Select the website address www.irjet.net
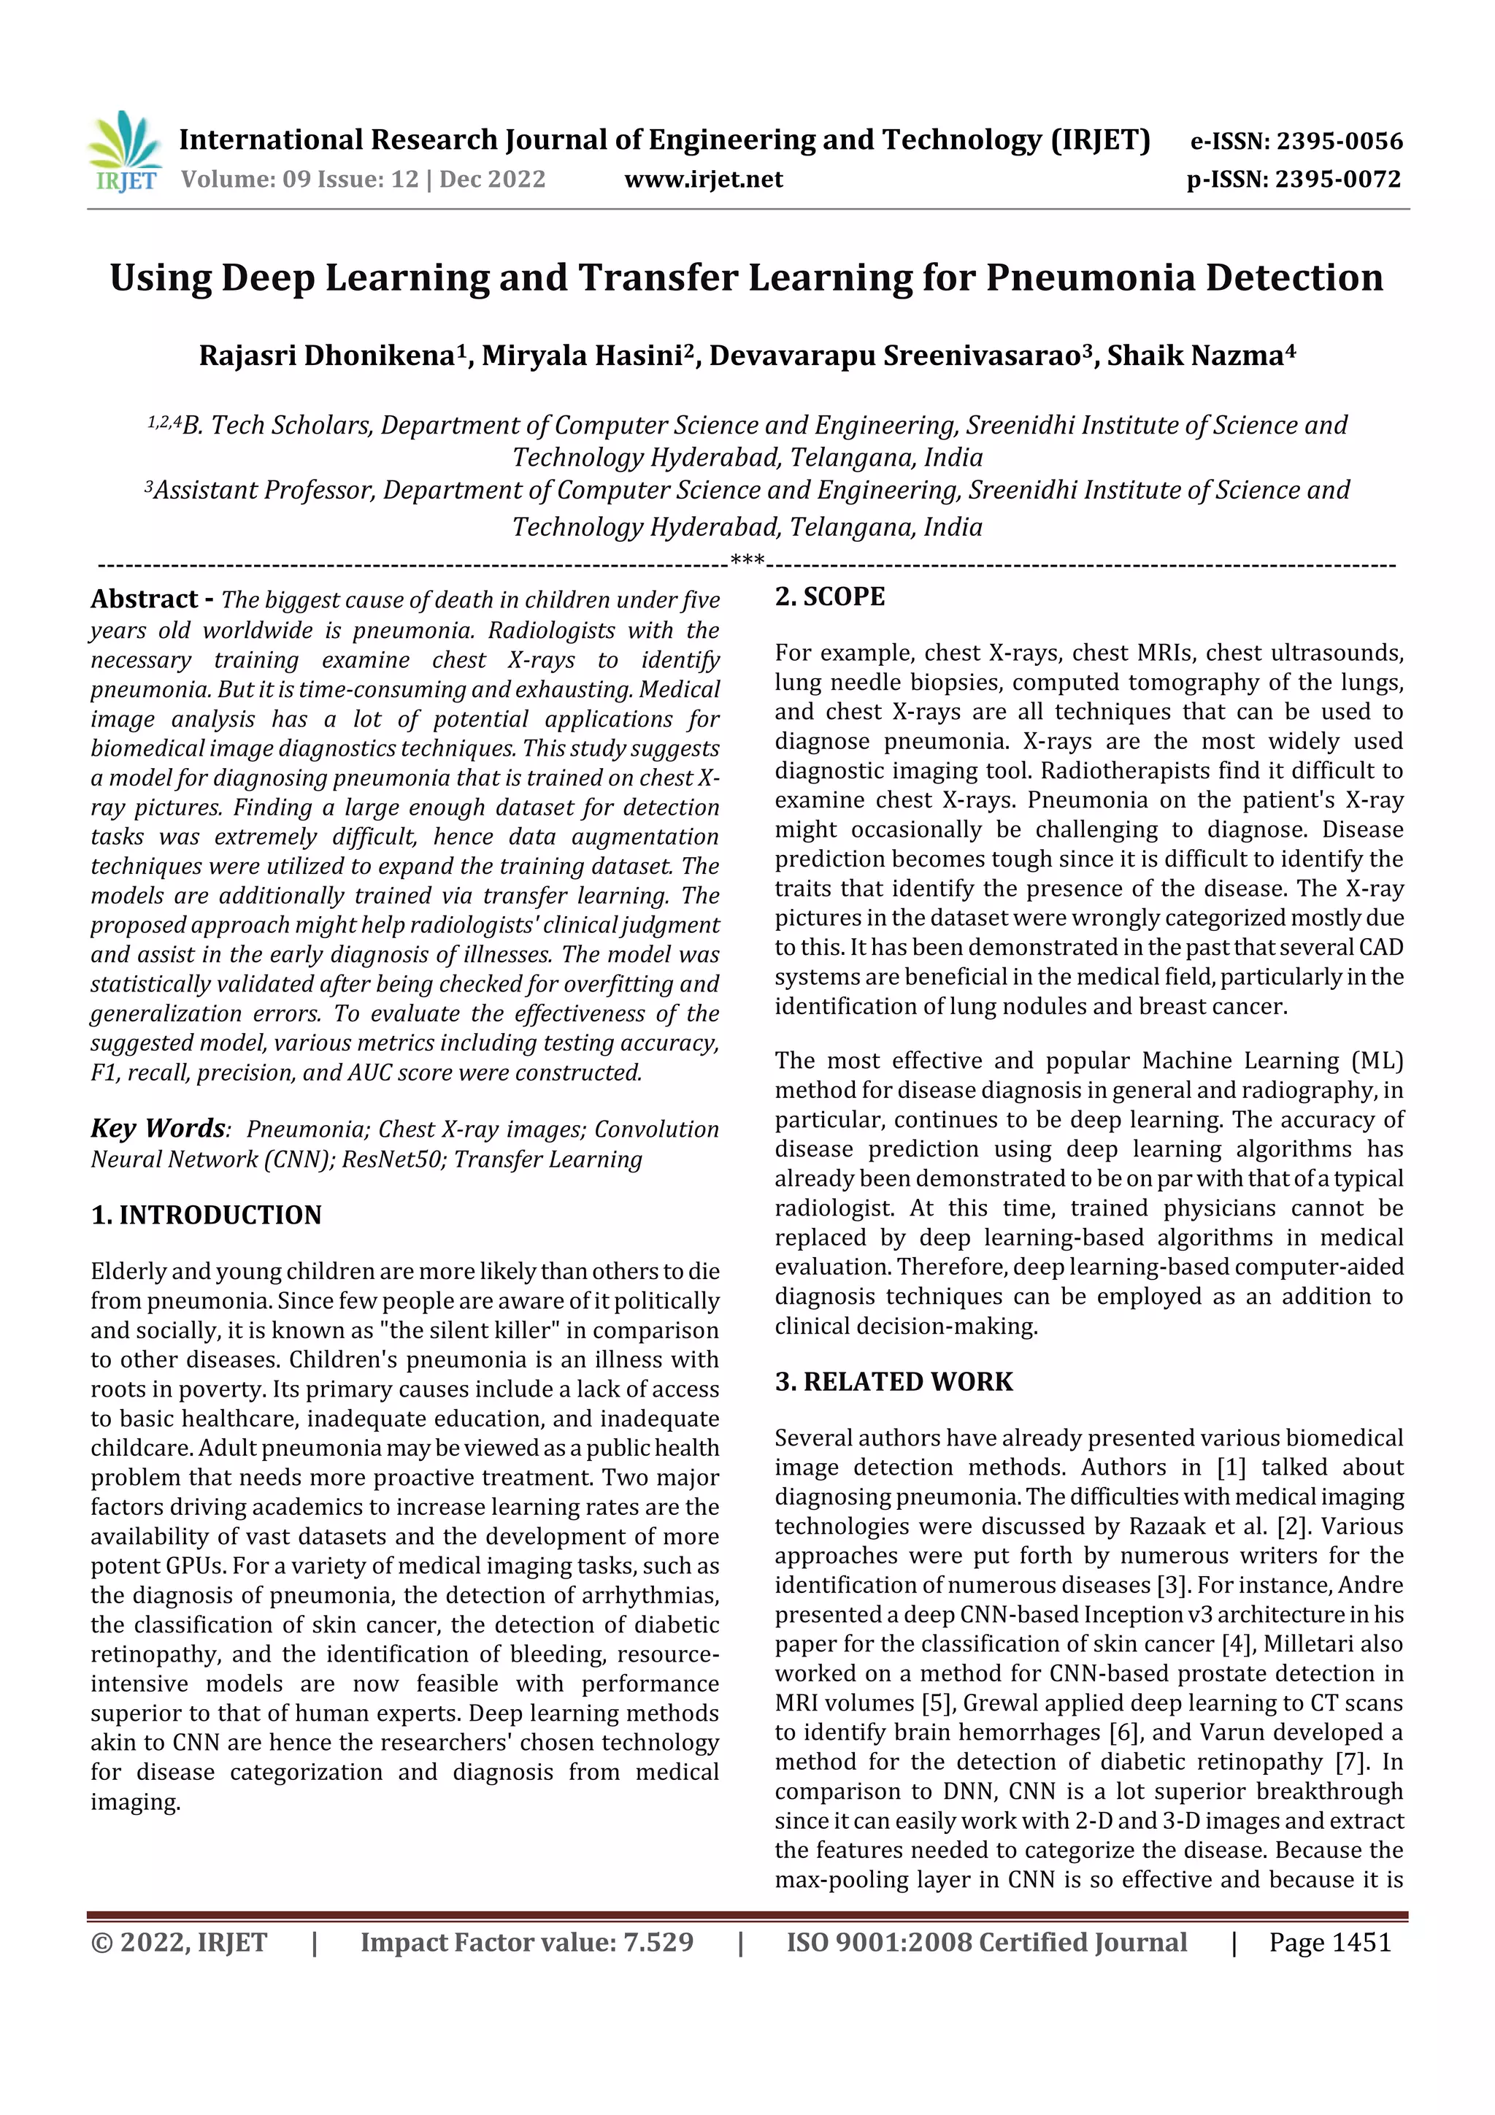pos(704,180)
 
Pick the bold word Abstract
pos(144,599)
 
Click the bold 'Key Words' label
pos(158,1129)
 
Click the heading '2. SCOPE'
pos(829,597)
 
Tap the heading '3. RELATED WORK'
pos(893,1382)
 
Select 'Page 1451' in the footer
pos(1329,1943)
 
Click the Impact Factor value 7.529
pos(658,1943)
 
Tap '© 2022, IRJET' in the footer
pos(179,1943)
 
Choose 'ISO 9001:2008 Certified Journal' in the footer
pos(985,1943)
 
